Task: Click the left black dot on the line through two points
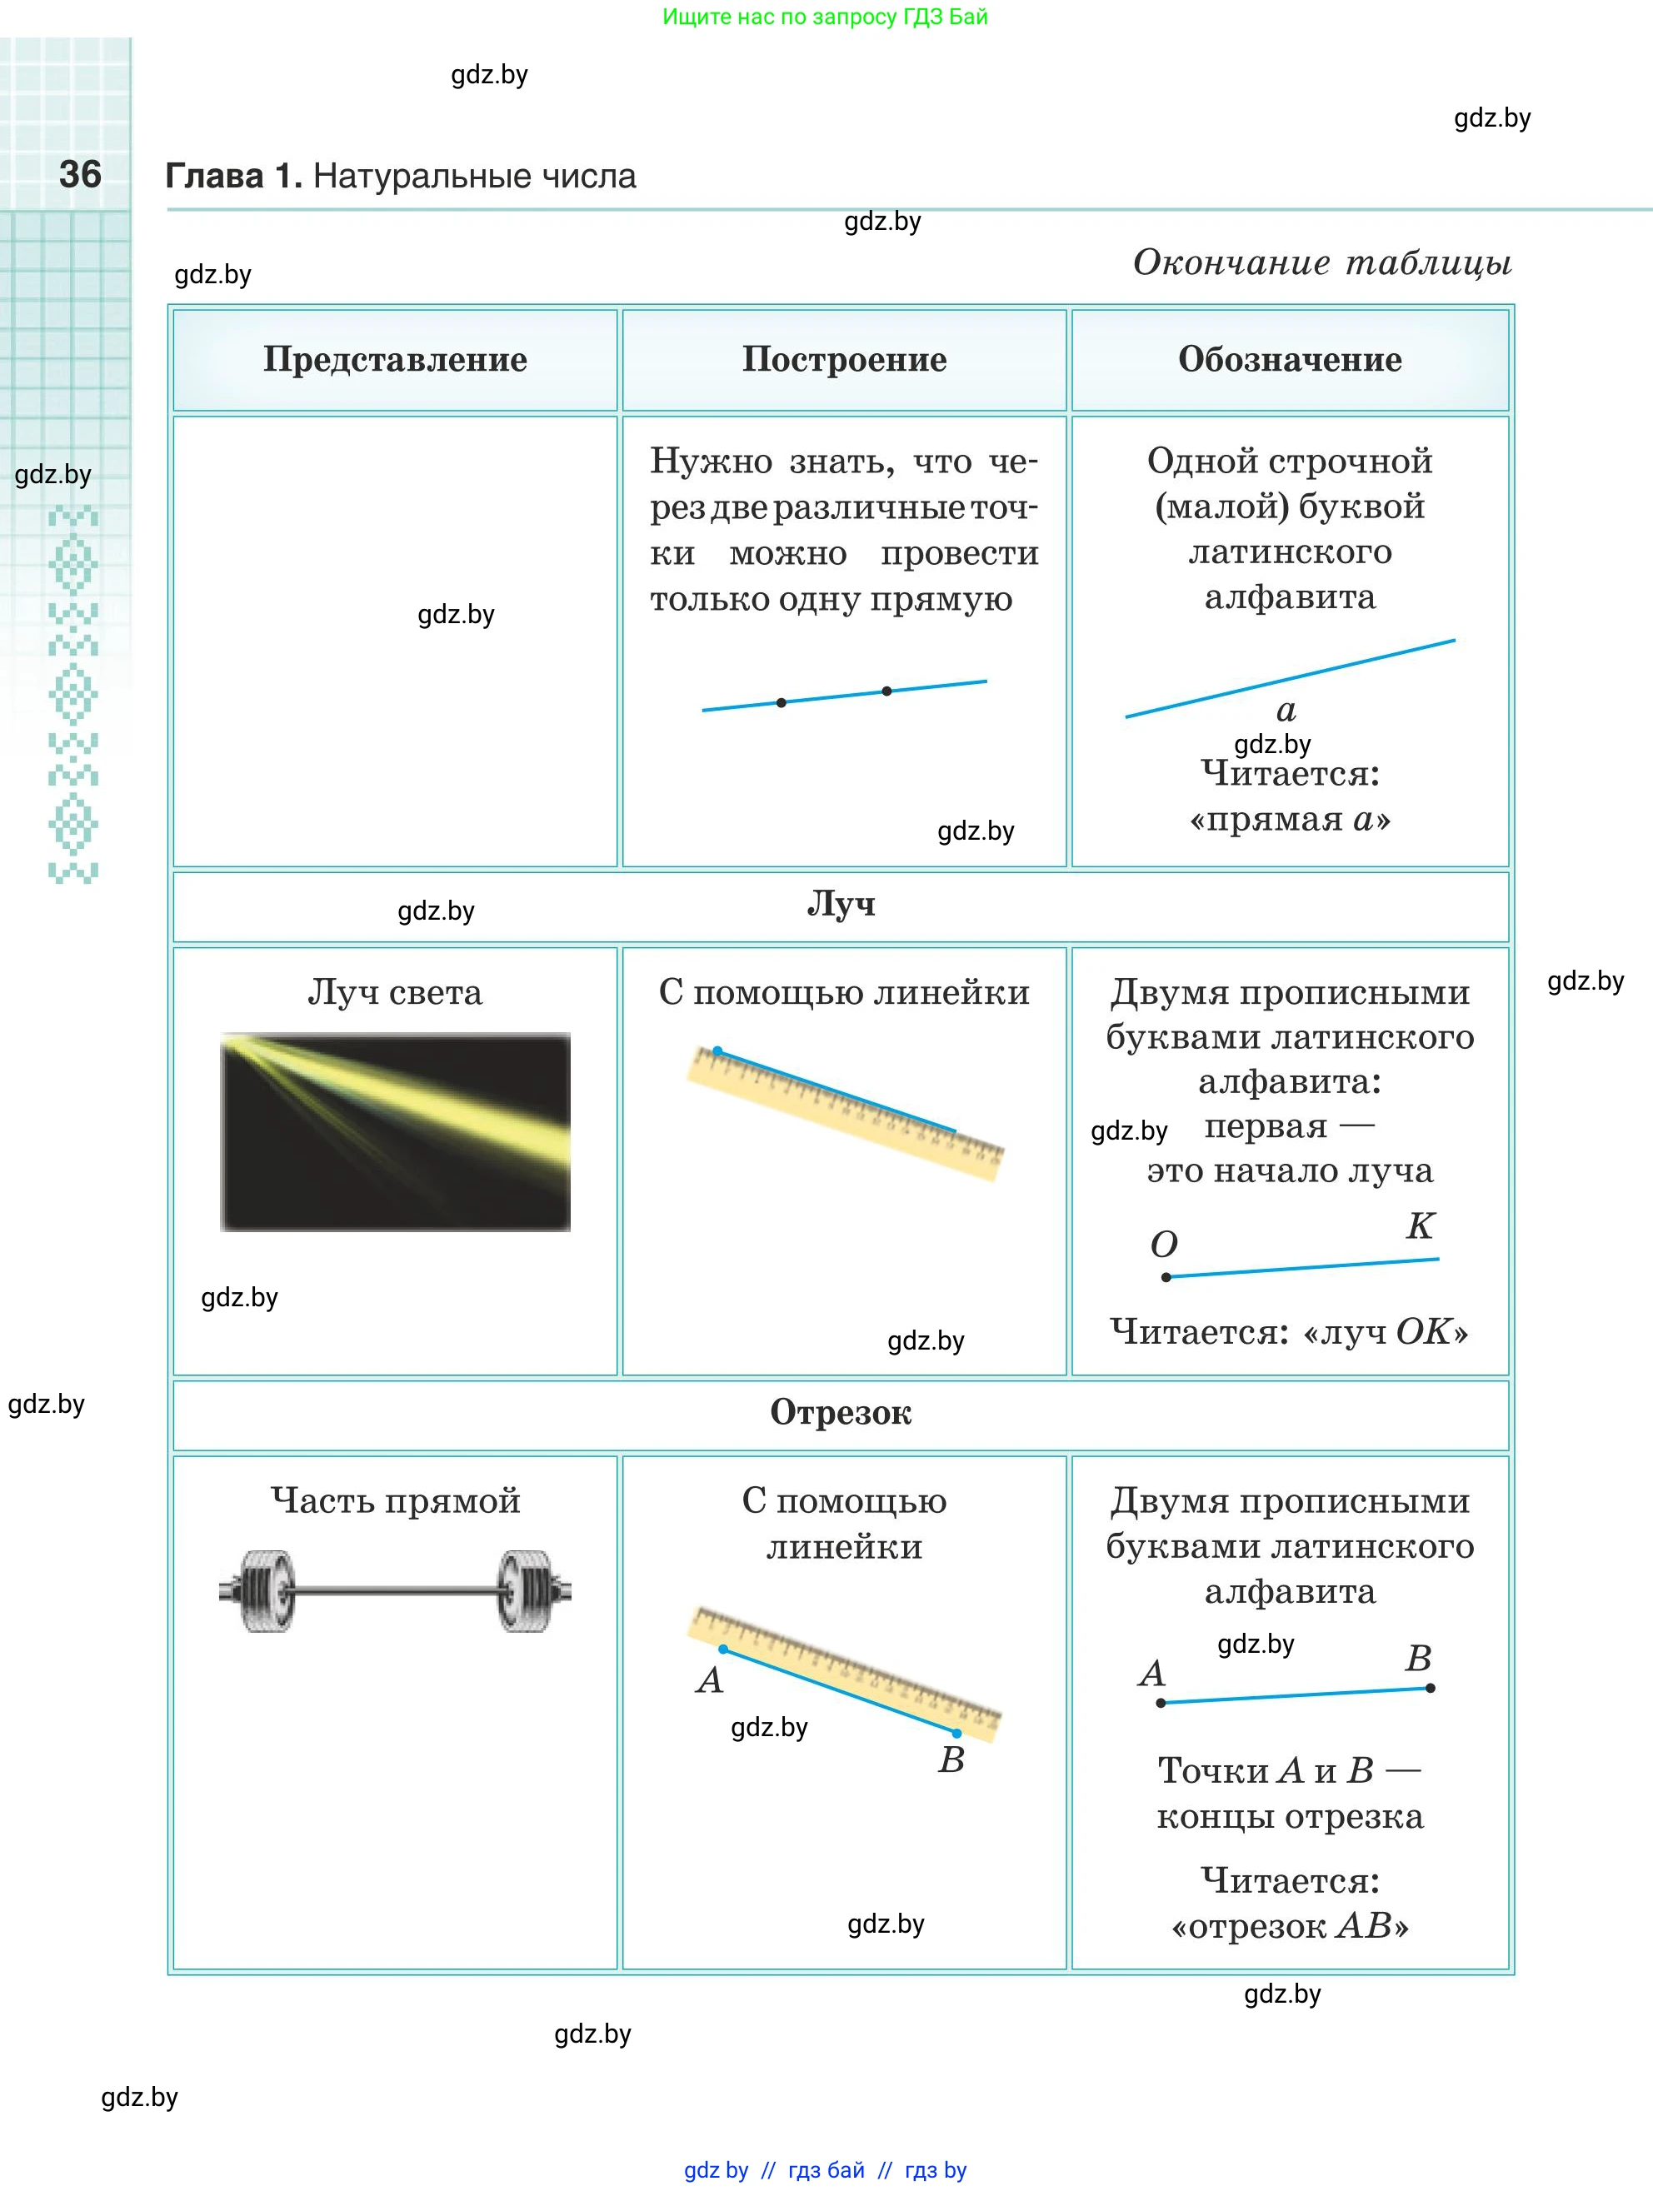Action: pos(782,702)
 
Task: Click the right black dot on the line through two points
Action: pos(886,691)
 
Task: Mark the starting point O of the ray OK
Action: pos(1166,1277)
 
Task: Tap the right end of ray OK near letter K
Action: pos(1438,1259)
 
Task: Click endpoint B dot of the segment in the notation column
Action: pos(1431,1688)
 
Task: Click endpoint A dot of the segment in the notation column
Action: pos(1161,1703)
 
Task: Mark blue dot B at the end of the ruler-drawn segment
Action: pos(956,1734)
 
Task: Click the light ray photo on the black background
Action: pos(395,1132)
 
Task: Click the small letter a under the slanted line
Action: pos(1286,710)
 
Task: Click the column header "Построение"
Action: pos(845,360)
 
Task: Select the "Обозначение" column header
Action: pos(1290,360)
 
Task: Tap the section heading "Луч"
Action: pos(841,903)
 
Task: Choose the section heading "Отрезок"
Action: pos(841,1412)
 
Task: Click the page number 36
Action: pos(80,174)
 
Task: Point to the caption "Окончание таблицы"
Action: pos(1322,262)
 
